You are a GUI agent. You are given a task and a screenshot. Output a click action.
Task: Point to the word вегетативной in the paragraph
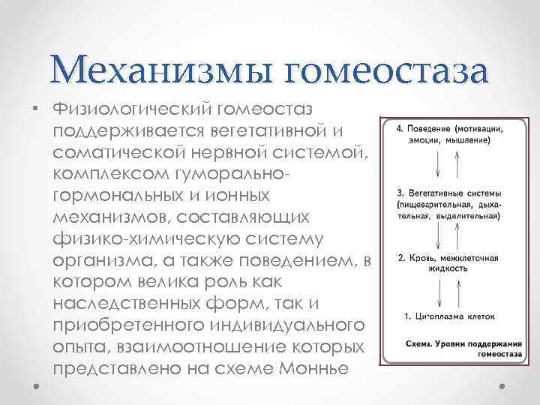[x=277, y=130]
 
